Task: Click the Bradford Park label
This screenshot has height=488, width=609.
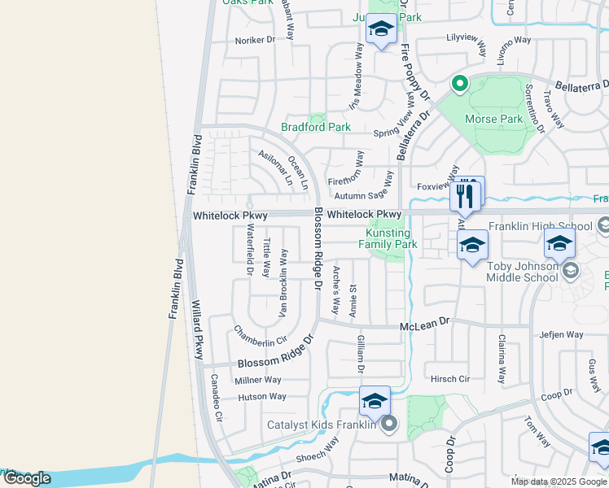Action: coord(315,127)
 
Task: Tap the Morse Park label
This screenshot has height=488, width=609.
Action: coord(493,120)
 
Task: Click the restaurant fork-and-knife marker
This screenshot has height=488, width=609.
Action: coord(465,195)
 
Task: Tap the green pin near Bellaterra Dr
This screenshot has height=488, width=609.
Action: coord(459,83)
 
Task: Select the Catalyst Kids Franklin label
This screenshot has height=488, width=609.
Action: coord(321,424)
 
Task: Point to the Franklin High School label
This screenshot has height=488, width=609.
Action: coord(540,226)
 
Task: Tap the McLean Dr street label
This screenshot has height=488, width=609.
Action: coord(424,324)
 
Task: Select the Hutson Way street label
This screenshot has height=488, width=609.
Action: coord(262,397)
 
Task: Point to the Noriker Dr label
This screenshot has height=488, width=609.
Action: coord(256,39)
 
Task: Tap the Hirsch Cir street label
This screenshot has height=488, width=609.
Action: coord(450,379)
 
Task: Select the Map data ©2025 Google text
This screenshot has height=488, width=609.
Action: coord(559,481)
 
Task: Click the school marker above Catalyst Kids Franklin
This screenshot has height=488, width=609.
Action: coord(375,400)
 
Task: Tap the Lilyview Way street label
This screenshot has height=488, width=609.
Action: coord(467,37)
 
